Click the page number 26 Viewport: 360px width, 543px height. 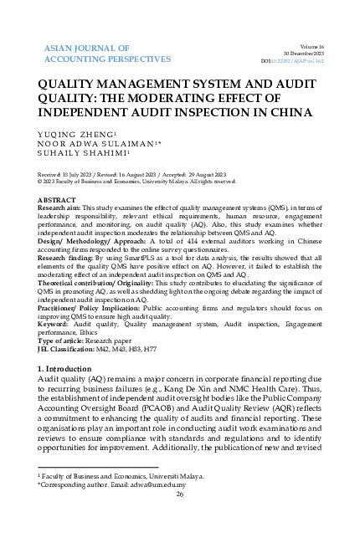(180, 494)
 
